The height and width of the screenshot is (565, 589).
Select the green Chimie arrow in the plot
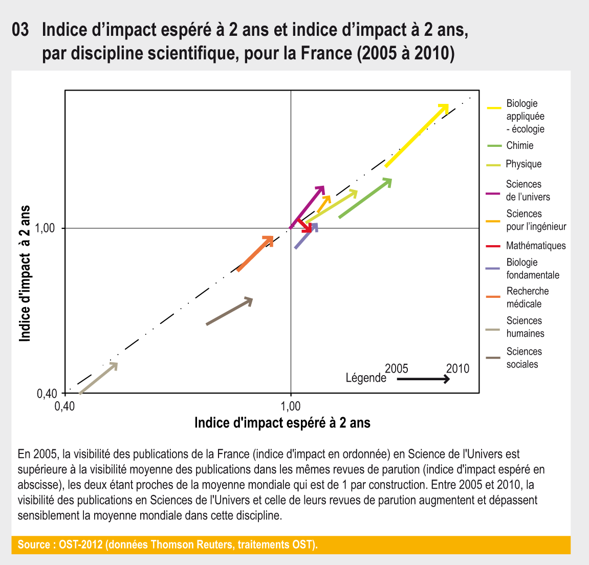click(x=365, y=199)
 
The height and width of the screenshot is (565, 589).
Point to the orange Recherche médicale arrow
click(x=254, y=253)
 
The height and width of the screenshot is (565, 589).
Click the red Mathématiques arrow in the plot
click(x=304, y=225)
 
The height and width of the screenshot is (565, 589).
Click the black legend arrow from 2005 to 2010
click(x=423, y=379)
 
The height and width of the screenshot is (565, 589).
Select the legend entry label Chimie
click(x=520, y=146)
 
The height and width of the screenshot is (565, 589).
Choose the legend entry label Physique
click(x=523, y=164)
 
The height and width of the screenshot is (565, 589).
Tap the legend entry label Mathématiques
click(x=536, y=246)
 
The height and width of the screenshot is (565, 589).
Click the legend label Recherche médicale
click(x=527, y=297)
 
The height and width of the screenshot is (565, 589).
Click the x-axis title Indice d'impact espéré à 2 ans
click(x=282, y=423)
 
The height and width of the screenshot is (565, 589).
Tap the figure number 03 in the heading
click(x=21, y=30)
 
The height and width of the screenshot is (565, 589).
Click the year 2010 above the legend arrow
click(x=457, y=368)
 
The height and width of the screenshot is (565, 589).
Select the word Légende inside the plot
click(x=366, y=378)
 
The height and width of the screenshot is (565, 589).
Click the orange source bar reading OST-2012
click(x=291, y=545)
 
